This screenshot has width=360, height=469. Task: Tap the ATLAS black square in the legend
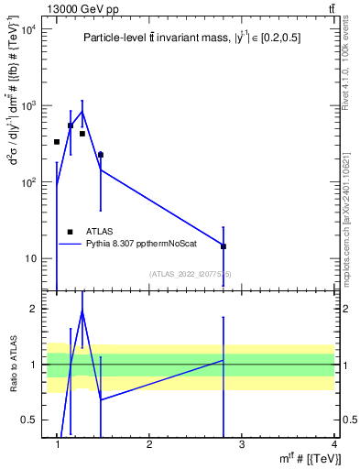click(70, 232)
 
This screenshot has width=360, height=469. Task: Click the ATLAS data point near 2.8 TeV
click(224, 246)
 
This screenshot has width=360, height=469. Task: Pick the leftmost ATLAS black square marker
click(57, 142)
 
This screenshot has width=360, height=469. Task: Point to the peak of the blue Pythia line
click(82, 112)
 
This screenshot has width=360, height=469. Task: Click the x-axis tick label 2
click(149, 444)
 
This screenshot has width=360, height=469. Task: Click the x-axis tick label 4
click(333, 444)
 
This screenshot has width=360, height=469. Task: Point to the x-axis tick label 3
click(242, 444)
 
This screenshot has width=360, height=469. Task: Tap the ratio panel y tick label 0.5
click(29, 420)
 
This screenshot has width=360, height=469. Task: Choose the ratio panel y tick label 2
click(34, 309)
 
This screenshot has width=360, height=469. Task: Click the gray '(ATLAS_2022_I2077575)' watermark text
click(191, 274)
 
